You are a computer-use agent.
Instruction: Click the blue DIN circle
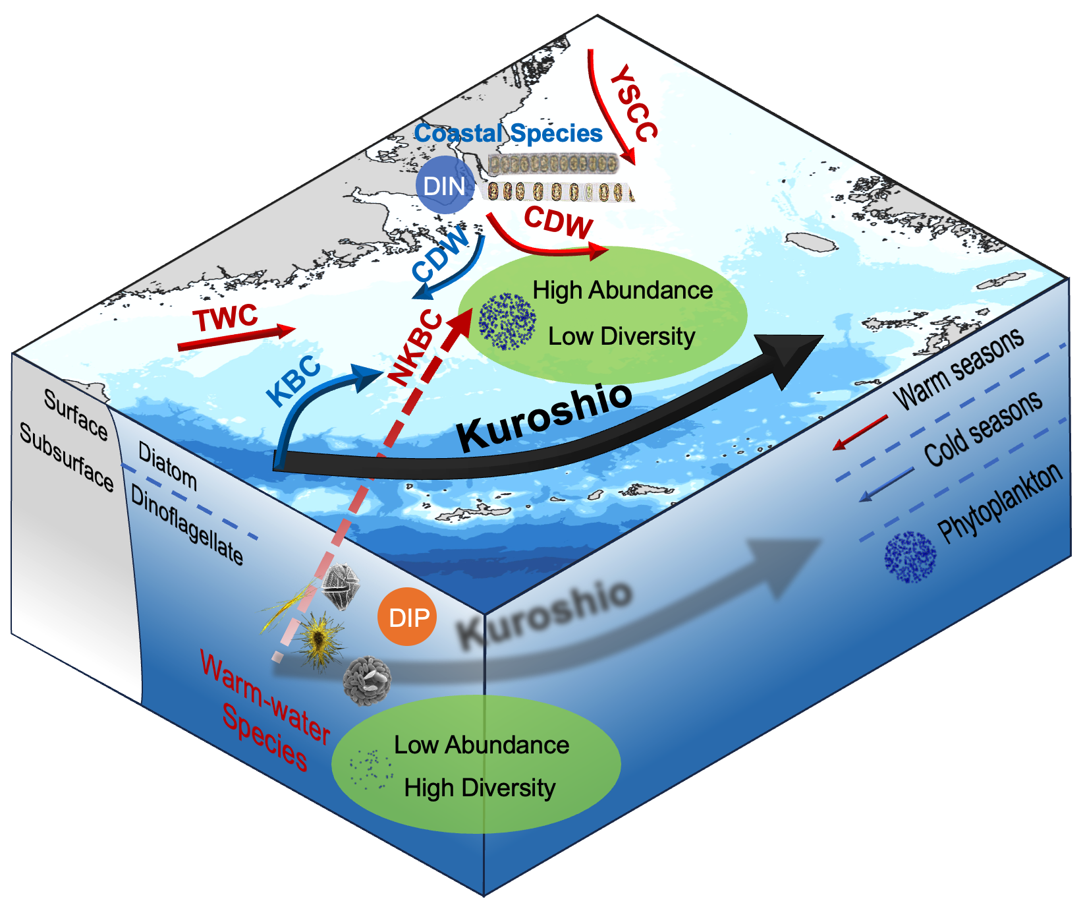pos(445,185)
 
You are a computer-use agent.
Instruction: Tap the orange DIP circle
pos(407,617)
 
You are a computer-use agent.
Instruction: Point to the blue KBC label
pos(293,382)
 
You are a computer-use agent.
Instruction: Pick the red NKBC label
pos(415,348)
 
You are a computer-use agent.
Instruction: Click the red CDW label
pos(559,222)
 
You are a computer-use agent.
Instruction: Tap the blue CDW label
pos(440,254)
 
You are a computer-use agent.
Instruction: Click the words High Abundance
pos(623,290)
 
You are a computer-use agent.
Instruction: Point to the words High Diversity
pos(480,788)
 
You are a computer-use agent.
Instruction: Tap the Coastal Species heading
pos(508,133)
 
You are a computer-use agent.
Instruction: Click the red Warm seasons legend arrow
pos(860,432)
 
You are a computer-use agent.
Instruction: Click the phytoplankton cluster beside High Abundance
pos(507,321)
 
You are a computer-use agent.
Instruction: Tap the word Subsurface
pos(67,457)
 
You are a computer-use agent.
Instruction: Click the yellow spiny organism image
pos(319,637)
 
